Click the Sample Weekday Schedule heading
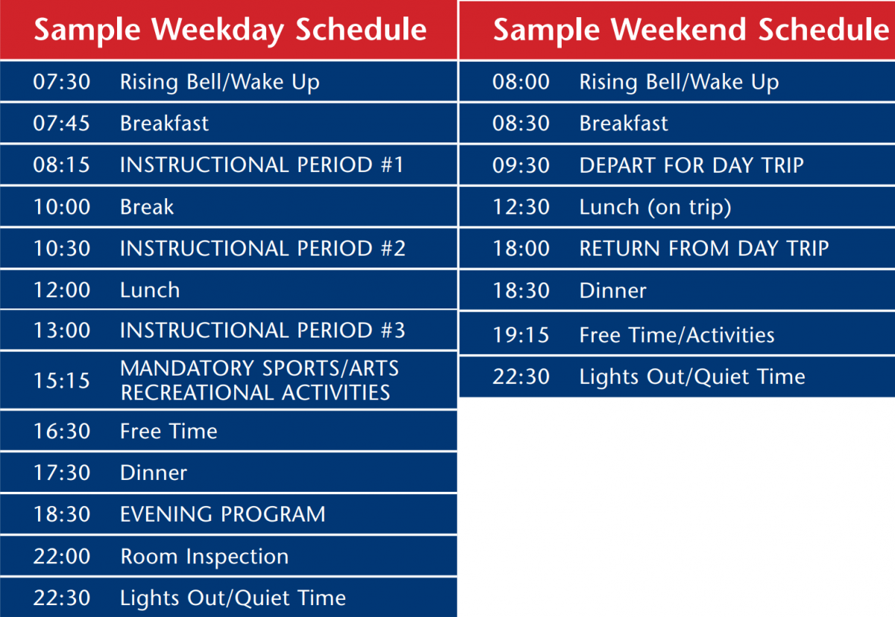(230, 31)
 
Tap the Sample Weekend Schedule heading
(691, 31)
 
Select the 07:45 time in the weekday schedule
(61, 123)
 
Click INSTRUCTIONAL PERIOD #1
(262, 165)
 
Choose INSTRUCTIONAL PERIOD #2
(263, 248)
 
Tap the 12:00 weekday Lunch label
(150, 290)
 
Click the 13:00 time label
(62, 330)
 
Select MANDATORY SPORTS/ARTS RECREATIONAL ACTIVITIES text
(260, 380)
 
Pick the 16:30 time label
(62, 431)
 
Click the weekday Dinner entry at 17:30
(154, 473)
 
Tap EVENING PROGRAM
(223, 514)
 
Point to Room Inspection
(204, 557)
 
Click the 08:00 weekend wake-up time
(521, 82)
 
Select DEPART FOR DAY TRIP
(691, 165)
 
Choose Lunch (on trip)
(656, 207)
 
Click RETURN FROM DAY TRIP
(704, 248)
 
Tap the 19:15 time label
(521, 335)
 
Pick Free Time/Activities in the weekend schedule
(677, 335)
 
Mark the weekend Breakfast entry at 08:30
(624, 123)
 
